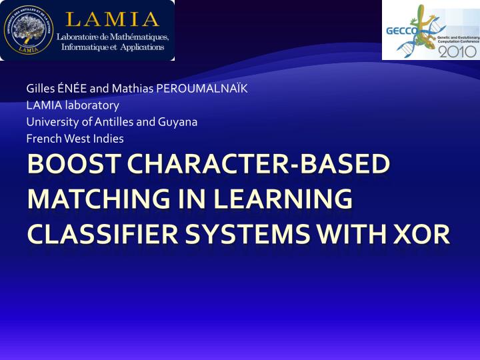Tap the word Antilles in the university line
(113, 122)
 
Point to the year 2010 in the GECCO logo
(457, 49)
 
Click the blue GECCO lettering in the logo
(399, 30)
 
